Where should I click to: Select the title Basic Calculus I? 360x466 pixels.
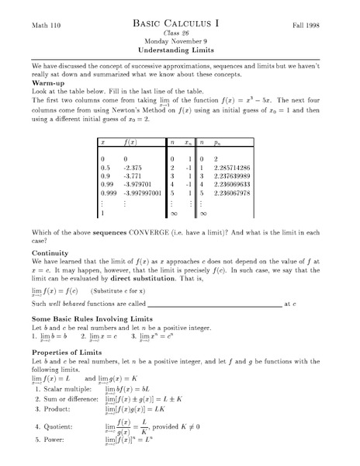pos(179,25)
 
